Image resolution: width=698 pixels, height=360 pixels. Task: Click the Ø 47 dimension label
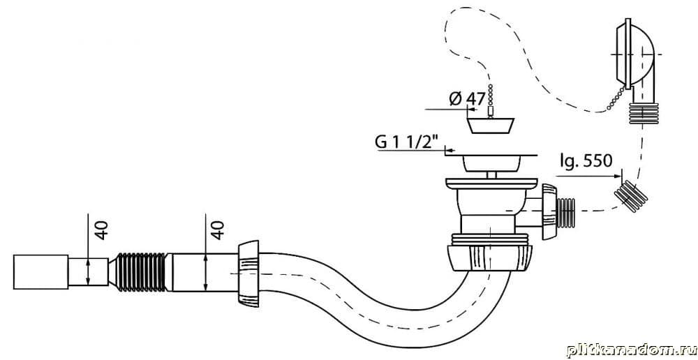tap(467, 98)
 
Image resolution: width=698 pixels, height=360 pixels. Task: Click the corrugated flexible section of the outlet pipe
tap(144, 271)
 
